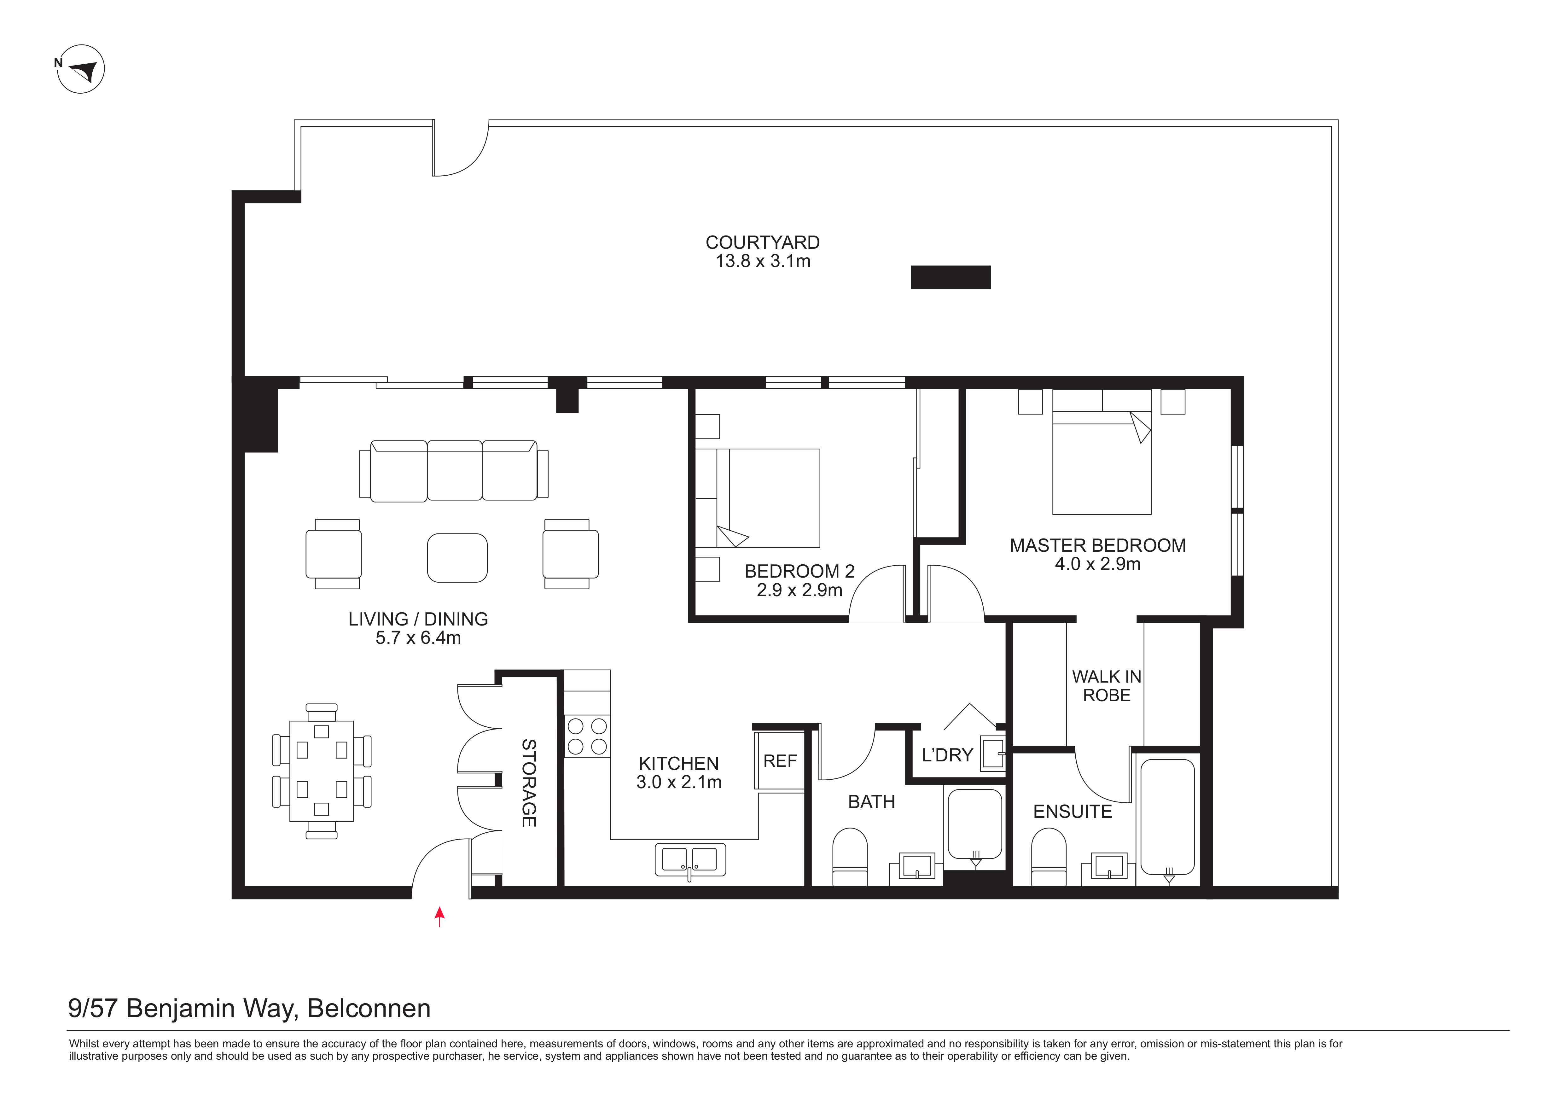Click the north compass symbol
(x=80, y=69)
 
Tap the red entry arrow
(x=440, y=917)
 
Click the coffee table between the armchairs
(x=457, y=558)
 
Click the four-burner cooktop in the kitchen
(x=587, y=736)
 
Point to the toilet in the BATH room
(x=850, y=857)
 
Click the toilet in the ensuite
(x=1049, y=857)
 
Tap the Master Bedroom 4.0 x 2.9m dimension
(x=1097, y=564)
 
